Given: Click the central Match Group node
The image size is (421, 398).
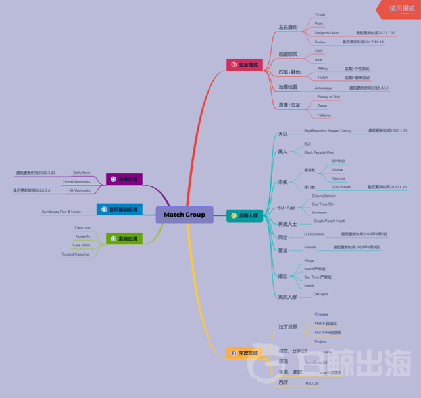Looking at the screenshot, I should point(184,215).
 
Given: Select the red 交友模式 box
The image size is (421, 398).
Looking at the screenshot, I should point(245,65).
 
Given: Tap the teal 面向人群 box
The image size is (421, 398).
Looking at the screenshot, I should point(245,215).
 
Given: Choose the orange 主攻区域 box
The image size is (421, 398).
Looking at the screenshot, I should point(245,353).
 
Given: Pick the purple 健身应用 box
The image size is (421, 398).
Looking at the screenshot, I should point(124,179).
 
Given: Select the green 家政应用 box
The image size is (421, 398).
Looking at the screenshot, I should point(124,238).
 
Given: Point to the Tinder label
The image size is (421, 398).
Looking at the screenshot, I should point(320,14).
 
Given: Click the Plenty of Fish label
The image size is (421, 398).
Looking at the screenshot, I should point(329,96).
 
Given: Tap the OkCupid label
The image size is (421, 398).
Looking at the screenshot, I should point(320,294).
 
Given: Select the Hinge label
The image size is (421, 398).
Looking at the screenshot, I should point(309,260).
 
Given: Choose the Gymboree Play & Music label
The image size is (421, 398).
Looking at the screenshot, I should point(61,212).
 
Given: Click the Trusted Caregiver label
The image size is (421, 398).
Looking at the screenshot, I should point(76,254).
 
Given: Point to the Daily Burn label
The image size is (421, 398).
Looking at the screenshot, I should point(82,172).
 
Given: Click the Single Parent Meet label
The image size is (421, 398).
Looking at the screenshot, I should point(329,221).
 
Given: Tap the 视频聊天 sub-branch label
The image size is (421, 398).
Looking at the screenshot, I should point(287,54).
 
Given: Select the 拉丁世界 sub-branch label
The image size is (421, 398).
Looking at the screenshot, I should point(287,327).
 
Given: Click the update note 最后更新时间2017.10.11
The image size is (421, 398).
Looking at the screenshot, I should point(363,42).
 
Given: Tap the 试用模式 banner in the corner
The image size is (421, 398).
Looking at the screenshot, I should point(401,9).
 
